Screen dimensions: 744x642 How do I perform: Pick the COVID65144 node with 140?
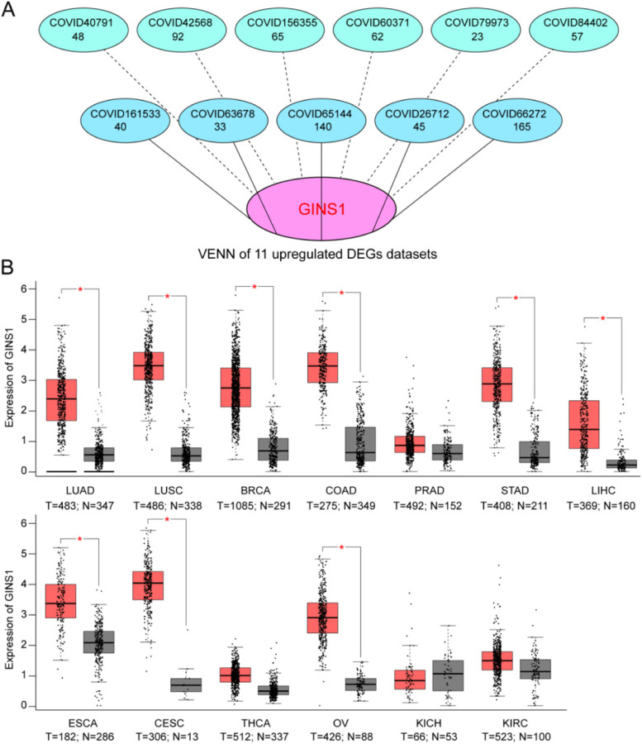click(321, 120)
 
